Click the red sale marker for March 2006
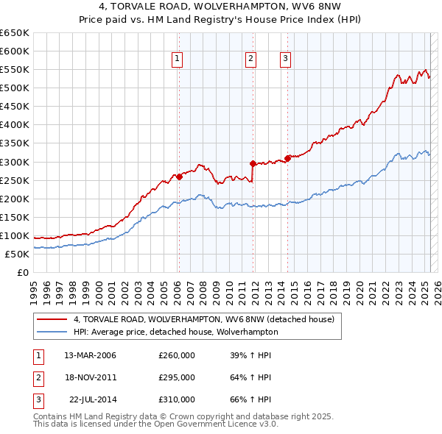coord(179,177)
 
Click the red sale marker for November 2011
coord(253,163)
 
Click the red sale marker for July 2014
coord(287,157)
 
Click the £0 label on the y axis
coord(22,272)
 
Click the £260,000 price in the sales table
coord(177,355)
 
